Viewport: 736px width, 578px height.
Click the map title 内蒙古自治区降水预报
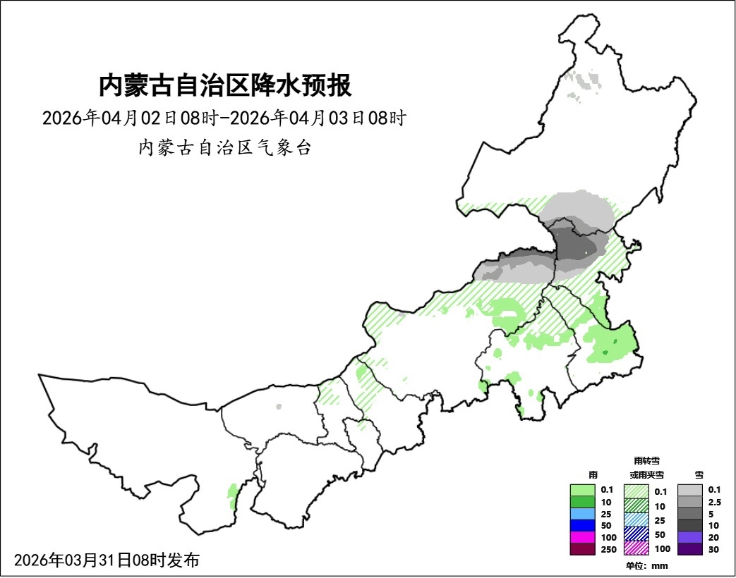tap(224, 85)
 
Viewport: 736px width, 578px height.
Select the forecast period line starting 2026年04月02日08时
tap(224, 118)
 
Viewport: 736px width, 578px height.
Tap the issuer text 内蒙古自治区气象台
tap(224, 148)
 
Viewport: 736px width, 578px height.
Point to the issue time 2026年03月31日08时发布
tap(107, 560)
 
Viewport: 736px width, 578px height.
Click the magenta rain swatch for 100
tap(582, 537)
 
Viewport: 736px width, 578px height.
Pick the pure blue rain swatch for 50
tap(582, 525)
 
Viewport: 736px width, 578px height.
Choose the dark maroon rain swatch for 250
tap(582, 549)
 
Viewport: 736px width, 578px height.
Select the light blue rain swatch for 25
tap(582, 513)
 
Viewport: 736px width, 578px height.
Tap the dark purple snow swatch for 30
tap(689, 549)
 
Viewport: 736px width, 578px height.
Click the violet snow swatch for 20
tap(689, 537)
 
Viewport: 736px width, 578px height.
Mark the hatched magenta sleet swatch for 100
tap(637, 548)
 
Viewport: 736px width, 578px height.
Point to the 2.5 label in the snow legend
tap(714, 502)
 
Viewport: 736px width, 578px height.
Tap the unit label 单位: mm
tap(646, 565)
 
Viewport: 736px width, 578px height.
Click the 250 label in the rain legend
tap(606, 549)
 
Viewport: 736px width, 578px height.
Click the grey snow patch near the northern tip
tap(585, 83)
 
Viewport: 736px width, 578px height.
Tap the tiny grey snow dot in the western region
tap(279, 407)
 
